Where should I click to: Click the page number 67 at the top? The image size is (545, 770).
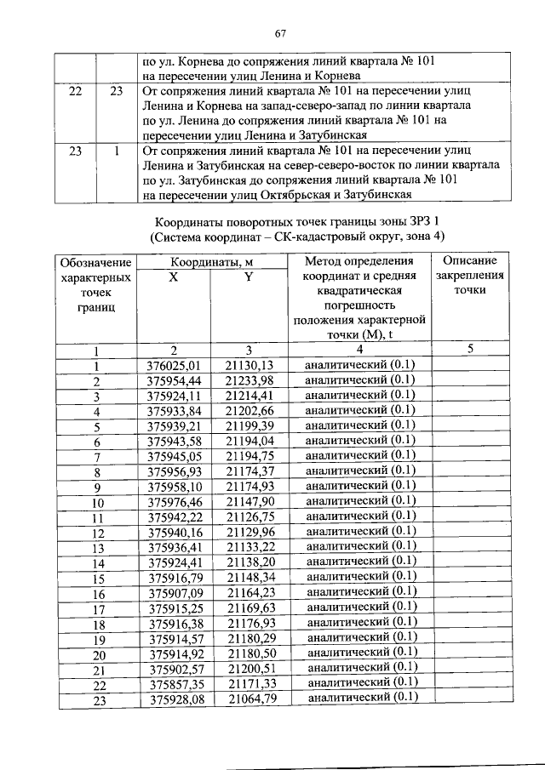point(278,33)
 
